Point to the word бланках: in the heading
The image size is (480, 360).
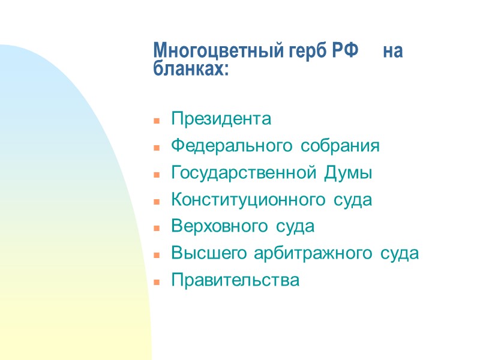click(x=191, y=68)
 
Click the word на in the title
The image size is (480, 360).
click(x=393, y=50)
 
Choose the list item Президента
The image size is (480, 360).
click(x=221, y=119)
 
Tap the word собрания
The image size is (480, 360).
click(x=340, y=146)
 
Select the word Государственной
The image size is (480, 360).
click(x=245, y=173)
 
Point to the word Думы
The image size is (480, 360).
click(x=349, y=173)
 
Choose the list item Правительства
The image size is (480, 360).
click(x=235, y=280)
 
